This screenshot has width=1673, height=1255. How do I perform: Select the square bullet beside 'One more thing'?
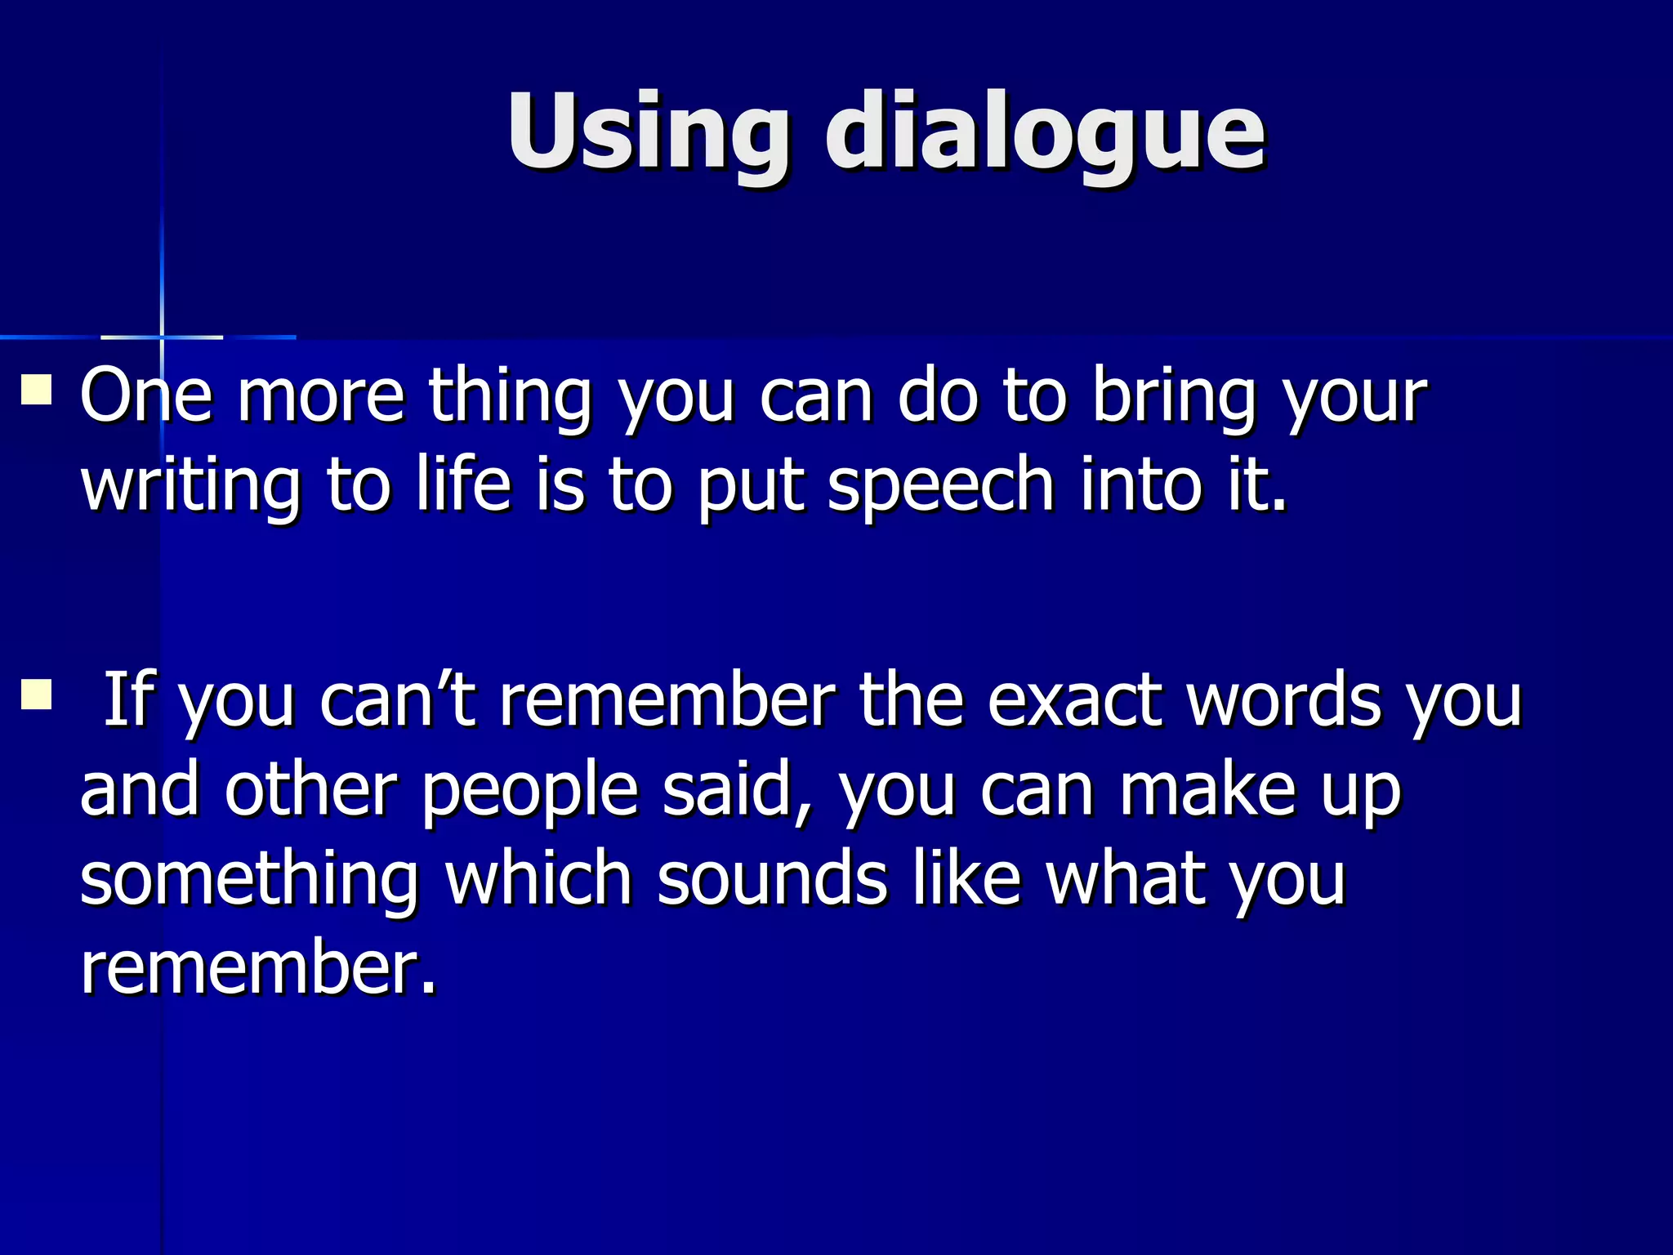point(36,390)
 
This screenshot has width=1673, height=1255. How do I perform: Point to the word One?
point(146,396)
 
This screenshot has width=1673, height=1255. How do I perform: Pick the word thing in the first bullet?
point(510,396)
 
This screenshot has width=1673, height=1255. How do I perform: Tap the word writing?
point(190,485)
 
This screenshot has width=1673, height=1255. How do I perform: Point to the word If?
point(128,699)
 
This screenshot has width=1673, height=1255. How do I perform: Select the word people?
point(529,791)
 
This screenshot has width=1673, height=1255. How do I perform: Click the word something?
point(249,881)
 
